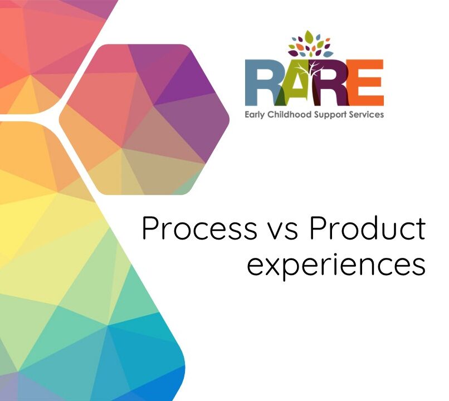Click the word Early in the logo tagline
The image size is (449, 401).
click(256, 114)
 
